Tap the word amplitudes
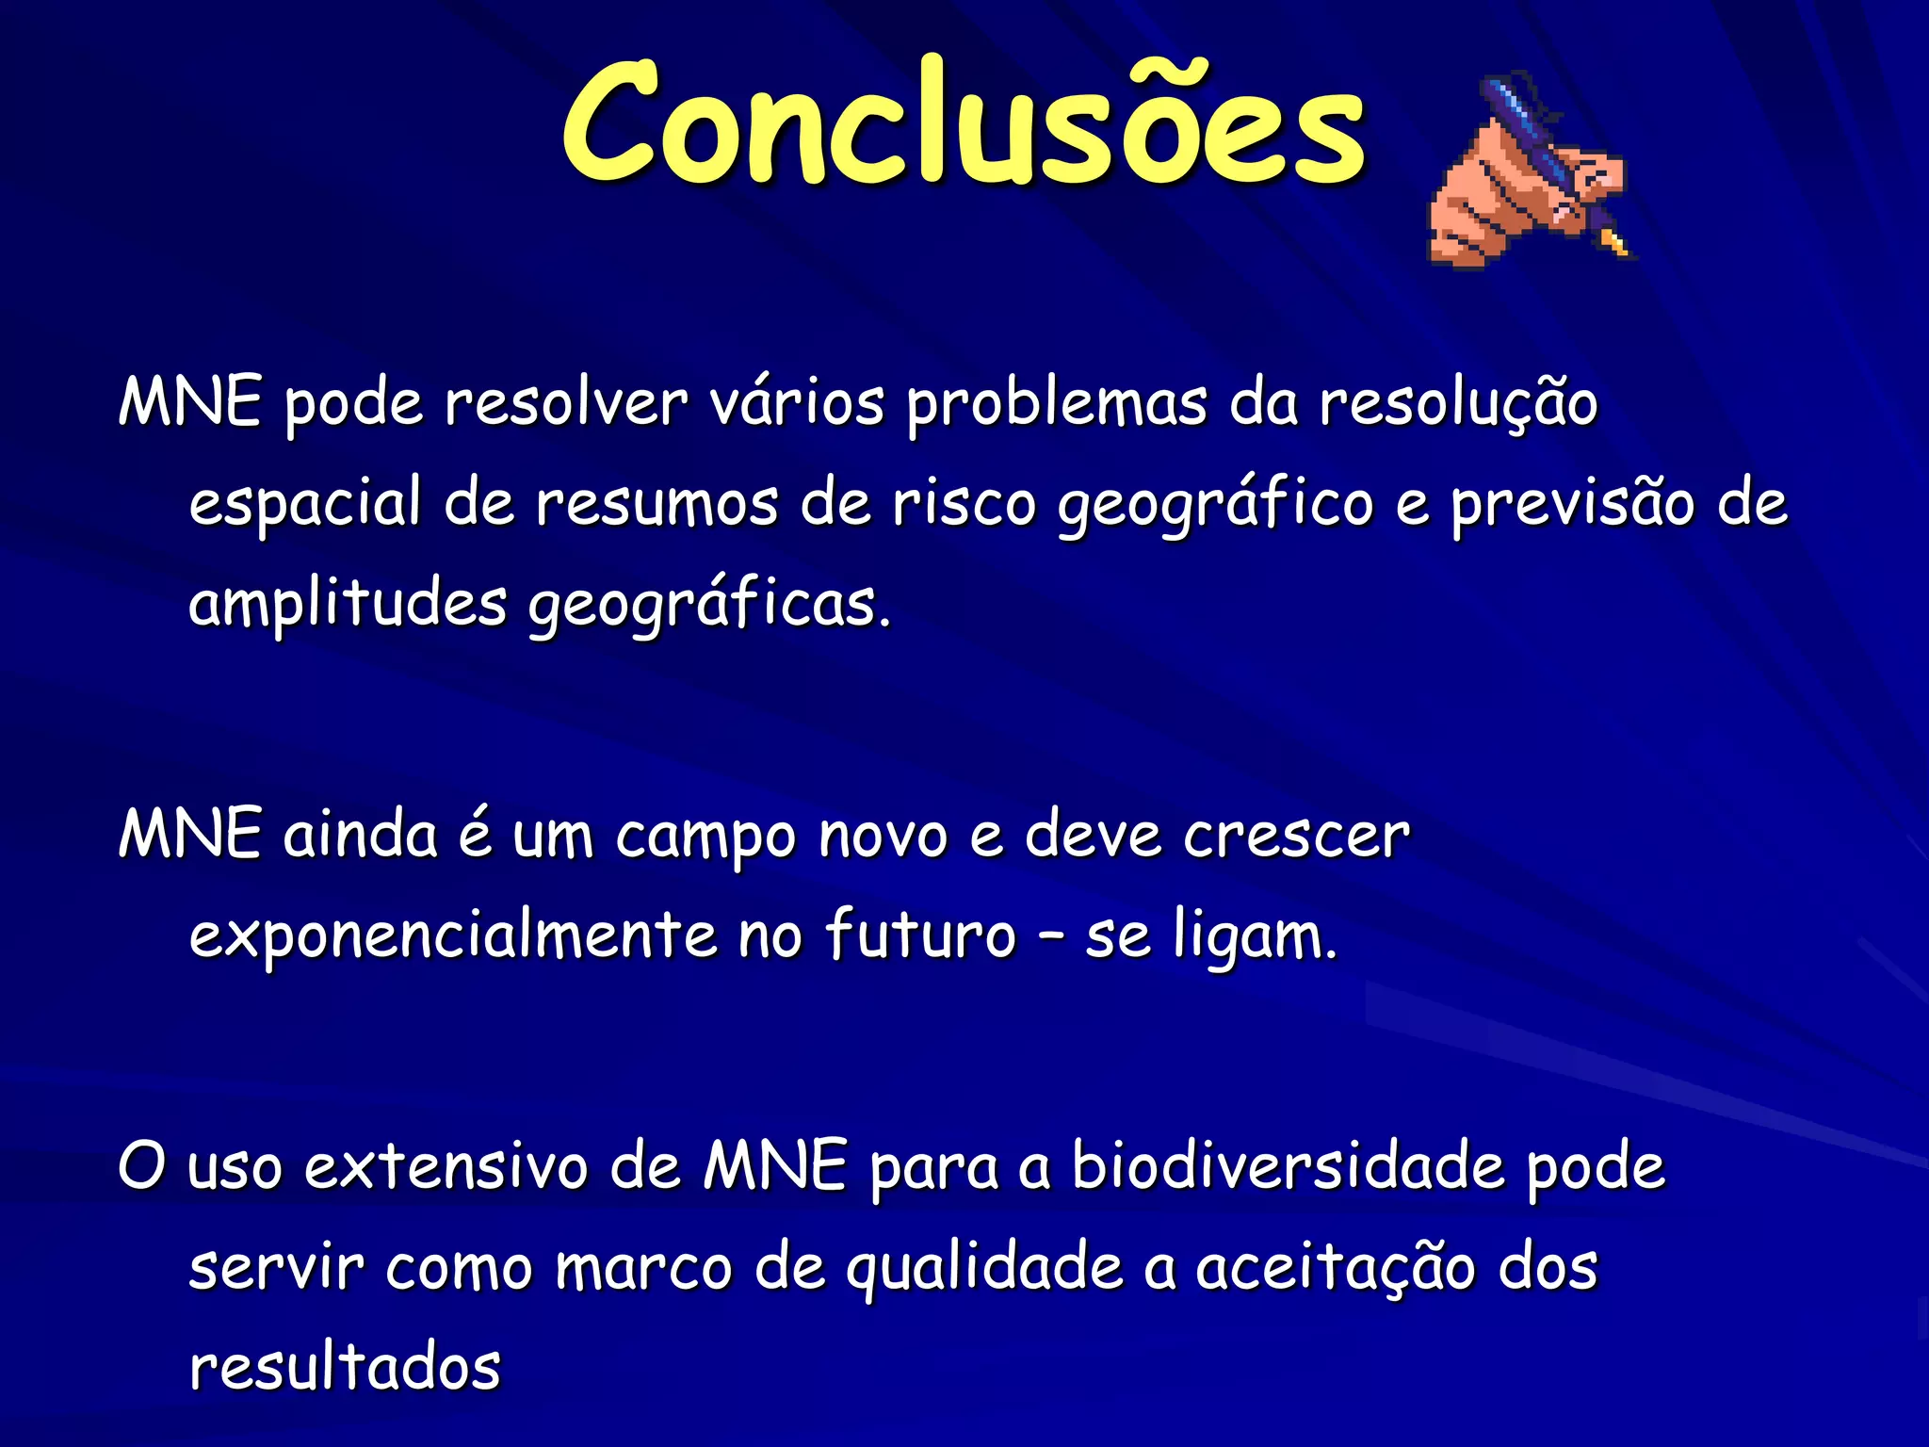[348, 604]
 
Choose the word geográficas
[708, 604]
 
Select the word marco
[643, 1268]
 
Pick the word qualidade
[984, 1268]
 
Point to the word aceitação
[1336, 1268]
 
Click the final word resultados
[345, 1368]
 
